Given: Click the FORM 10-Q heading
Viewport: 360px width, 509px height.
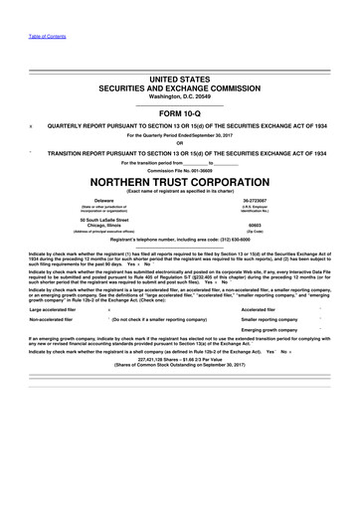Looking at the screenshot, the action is click(180, 114).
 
